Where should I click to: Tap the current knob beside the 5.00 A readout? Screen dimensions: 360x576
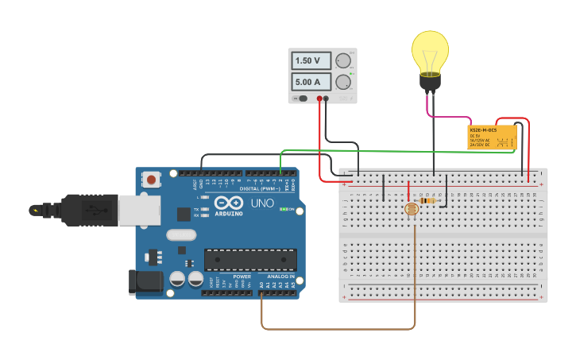click(343, 82)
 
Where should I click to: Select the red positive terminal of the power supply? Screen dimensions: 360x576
click(319, 99)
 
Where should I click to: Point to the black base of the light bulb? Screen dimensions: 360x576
click(430, 81)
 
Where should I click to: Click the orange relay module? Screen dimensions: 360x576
click(492, 137)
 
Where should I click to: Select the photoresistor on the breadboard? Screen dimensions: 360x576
click(412, 210)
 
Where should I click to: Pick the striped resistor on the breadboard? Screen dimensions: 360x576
click(430, 201)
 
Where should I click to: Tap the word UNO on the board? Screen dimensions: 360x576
click(262, 203)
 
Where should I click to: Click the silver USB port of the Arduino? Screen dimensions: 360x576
click(140, 210)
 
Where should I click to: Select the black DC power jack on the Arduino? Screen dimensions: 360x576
click(145, 281)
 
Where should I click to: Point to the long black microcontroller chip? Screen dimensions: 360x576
click(250, 260)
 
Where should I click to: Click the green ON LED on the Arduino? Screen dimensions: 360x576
click(282, 209)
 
